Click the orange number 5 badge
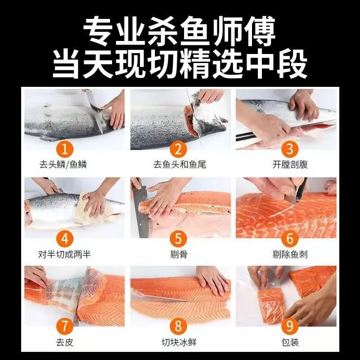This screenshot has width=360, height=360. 180,238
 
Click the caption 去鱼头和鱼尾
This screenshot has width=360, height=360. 180,165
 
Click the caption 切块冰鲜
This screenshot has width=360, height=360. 180,342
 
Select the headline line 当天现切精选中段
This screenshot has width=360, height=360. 180,63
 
